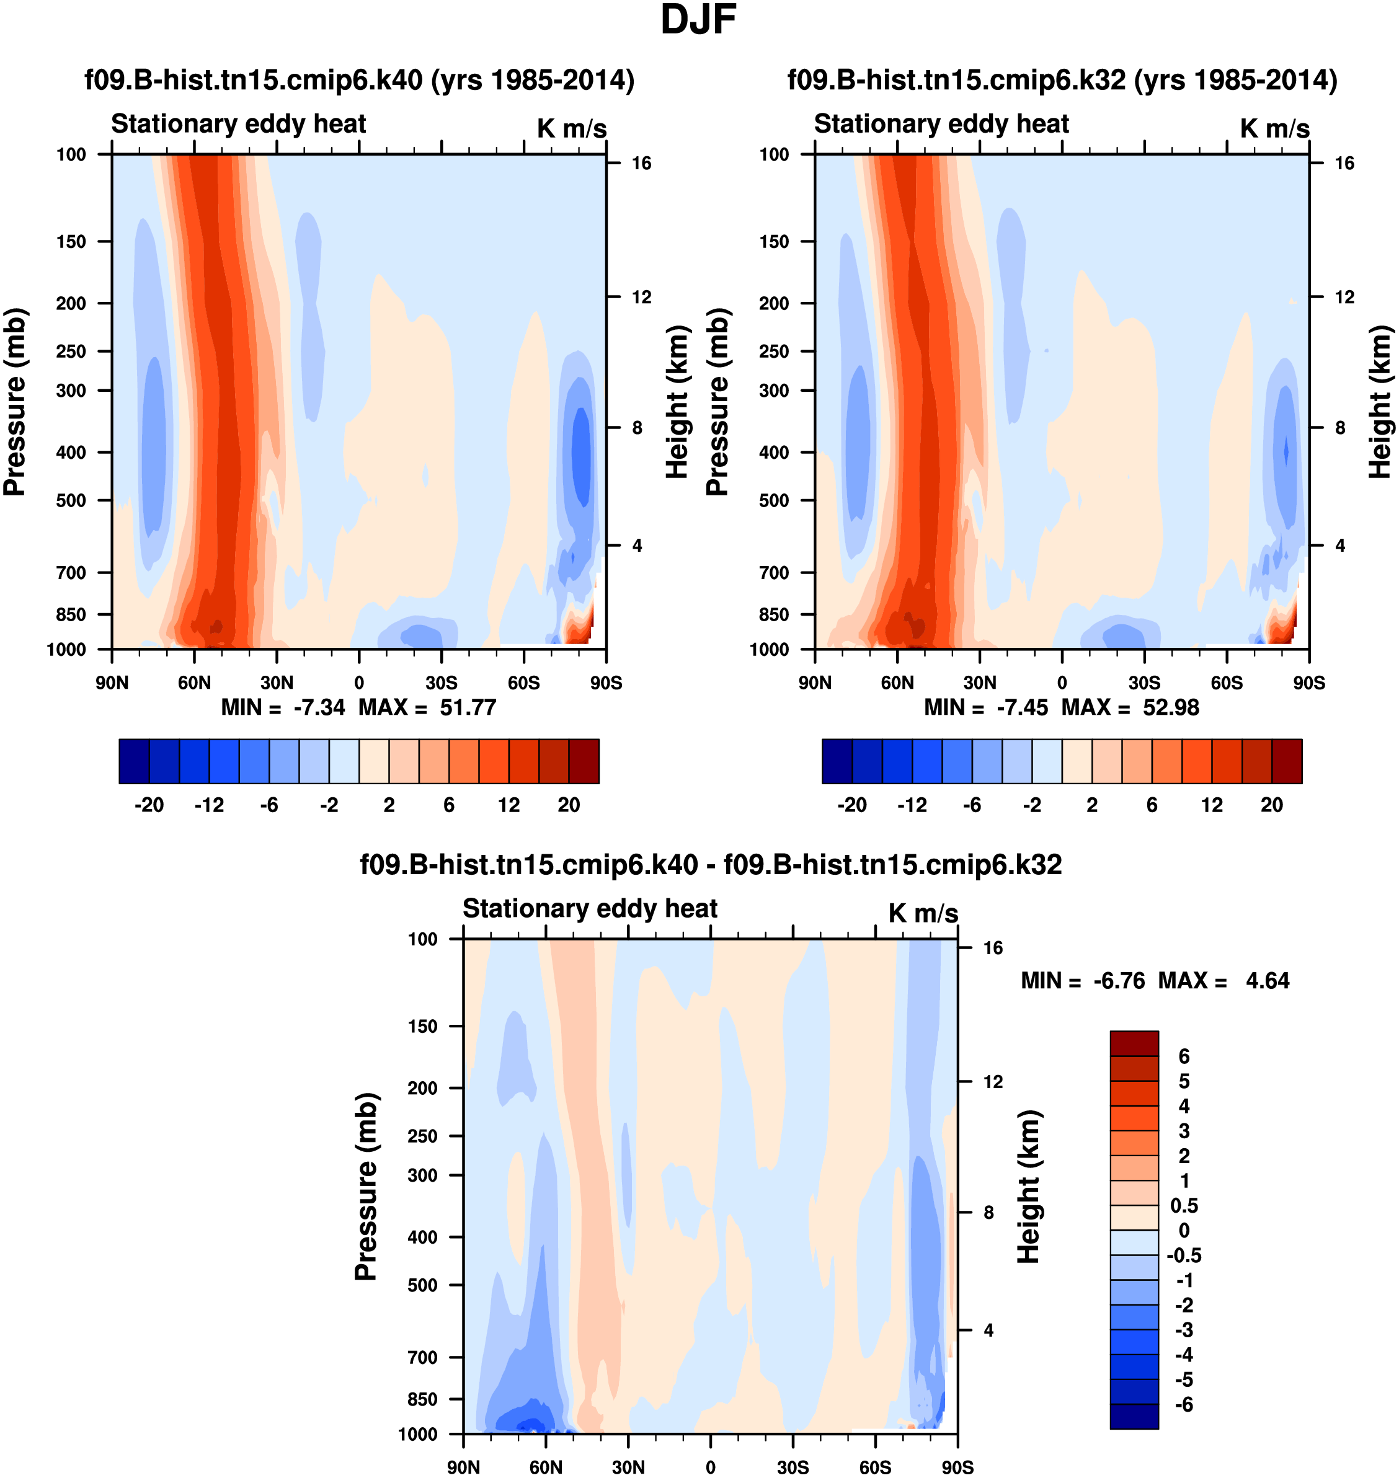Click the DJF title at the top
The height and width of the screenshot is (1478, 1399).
click(x=698, y=20)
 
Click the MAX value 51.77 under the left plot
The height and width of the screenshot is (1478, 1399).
click(x=468, y=707)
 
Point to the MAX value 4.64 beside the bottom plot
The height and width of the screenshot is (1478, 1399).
click(x=1267, y=981)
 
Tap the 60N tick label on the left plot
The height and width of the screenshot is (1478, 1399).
click(x=194, y=683)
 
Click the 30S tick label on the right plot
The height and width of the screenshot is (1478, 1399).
click(x=1144, y=683)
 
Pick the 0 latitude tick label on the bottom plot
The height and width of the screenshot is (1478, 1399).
click(x=710, y=1467)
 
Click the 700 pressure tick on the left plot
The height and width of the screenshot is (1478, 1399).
click(x=71, y=573)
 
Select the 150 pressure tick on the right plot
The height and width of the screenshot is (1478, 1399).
click(x=774, y=242)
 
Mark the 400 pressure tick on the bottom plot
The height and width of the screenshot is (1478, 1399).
click(x=422, y=1237)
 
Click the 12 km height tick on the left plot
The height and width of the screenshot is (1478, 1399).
click(x=641, y=297)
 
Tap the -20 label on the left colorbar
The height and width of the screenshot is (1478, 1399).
click(x=149, y=805)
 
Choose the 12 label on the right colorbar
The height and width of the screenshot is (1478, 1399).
click(x=1212, y=805)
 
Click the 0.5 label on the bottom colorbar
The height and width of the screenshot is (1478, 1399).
click(x=1184, y=1206)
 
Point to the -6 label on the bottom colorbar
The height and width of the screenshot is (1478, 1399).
click(x=1184, y=1405)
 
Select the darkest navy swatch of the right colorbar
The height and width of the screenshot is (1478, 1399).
click(x=837, y=761)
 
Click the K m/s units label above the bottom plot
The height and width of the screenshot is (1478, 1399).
click(x=923, y=913)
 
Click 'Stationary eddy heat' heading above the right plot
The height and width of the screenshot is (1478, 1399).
click(x=941, y=124)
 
